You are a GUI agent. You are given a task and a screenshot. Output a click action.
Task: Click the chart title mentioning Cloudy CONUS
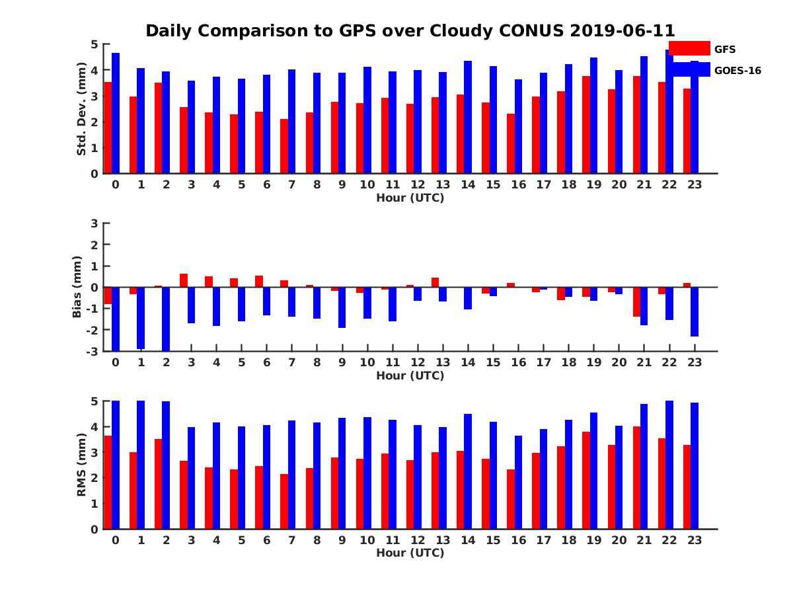pos(410,31)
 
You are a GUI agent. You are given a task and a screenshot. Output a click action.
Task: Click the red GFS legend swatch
pos(689,48)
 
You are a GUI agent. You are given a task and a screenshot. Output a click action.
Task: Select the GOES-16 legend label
pos(737,70)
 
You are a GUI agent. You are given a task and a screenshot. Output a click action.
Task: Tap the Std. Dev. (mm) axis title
pos(82,109)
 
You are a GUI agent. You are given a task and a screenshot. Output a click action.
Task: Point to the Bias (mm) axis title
pos(77,287)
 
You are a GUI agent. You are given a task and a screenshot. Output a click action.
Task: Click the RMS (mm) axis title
pos(82,465)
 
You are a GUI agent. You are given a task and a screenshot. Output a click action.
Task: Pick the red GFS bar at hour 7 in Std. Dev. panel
pos(284,146)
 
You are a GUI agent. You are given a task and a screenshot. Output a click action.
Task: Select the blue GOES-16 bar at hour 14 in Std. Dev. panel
pos(468,117)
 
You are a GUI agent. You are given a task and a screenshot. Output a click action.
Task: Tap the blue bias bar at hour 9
pos(342,307)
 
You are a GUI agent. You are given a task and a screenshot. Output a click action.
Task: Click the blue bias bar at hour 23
pos(695,311)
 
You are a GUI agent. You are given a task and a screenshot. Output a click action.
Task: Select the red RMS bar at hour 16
pos(511,499)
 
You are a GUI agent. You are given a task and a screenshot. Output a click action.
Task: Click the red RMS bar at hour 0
pos(108,482)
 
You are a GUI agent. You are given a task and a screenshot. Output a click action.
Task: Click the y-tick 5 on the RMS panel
pos(94,401)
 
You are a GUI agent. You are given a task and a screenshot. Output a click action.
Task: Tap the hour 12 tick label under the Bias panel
pos(417,363)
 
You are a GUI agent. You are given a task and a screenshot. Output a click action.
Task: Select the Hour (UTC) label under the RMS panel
pos(410,553)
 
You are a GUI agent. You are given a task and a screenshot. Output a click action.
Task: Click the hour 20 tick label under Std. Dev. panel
pos(619,185)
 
